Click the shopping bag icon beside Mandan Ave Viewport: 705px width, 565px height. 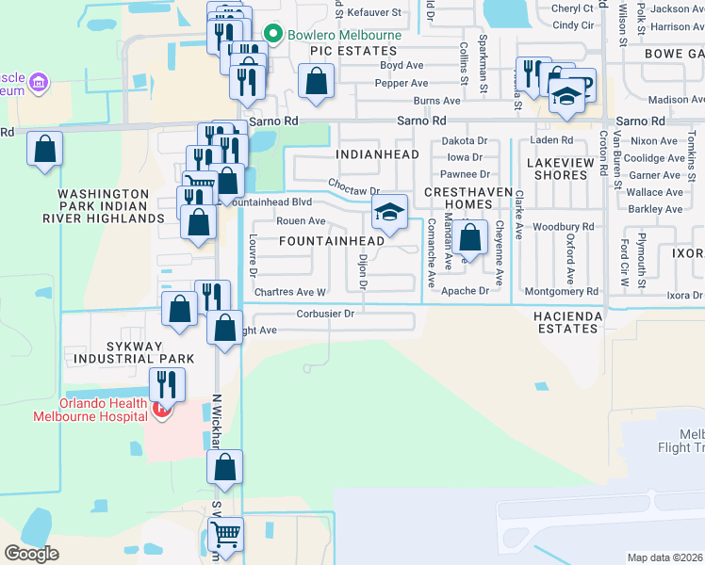pyautogui.click(x=468, y=236)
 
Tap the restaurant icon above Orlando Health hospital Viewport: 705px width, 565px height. pyautogui.click(x=167, y=384)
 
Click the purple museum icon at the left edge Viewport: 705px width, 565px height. pyautogui.click(x=38, y=84)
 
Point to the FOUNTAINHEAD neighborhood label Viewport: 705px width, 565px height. pyautogui.click(x=332, y=241)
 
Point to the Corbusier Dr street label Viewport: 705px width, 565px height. pyautogui.click(x=325, y=314)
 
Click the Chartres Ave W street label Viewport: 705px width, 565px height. pyautogui.click(x=289, y=293)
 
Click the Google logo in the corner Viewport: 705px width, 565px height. pyautogui.click(x=31, y=554)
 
